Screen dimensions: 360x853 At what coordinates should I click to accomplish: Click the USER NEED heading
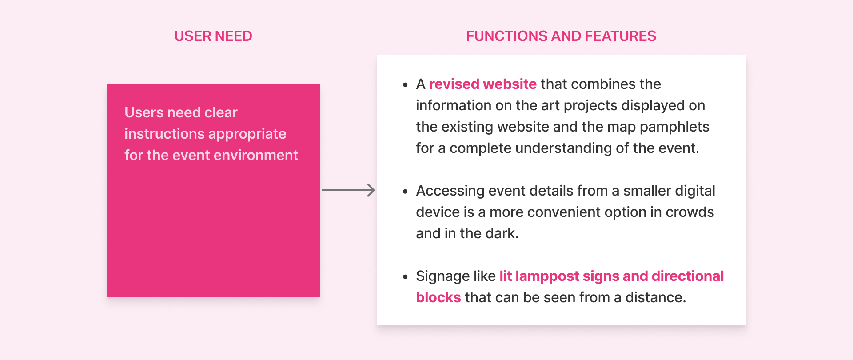tap(213, 36)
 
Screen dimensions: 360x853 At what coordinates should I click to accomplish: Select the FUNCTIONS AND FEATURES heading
tap(561, 36)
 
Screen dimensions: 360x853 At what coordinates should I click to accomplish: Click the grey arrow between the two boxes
tap(348, 190)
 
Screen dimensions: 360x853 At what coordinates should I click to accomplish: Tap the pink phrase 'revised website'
tap(482, 84)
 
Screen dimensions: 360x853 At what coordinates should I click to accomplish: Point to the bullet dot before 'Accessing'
tap(405, 192)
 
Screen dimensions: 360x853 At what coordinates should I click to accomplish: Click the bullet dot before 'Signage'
tap(405, 277)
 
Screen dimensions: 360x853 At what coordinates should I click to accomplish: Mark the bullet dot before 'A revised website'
tap(405, 85)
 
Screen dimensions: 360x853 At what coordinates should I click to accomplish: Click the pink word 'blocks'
tap(438, 297)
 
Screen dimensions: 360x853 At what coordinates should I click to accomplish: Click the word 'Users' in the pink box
tap(144, 112)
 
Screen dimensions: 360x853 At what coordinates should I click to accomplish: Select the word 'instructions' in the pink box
tap(163, 134)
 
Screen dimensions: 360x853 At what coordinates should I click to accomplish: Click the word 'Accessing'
tap(450, 191)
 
